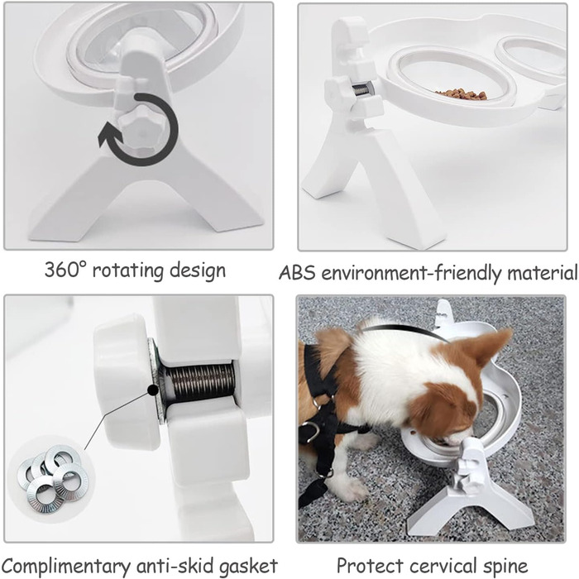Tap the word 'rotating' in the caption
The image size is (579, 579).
tap(127, 271)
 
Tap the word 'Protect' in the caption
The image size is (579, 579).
tap(370, 566)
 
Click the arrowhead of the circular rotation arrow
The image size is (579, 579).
tap(108, 134)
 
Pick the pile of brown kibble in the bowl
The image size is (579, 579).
tap(462, 93)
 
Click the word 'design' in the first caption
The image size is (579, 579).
tap(198, 271)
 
